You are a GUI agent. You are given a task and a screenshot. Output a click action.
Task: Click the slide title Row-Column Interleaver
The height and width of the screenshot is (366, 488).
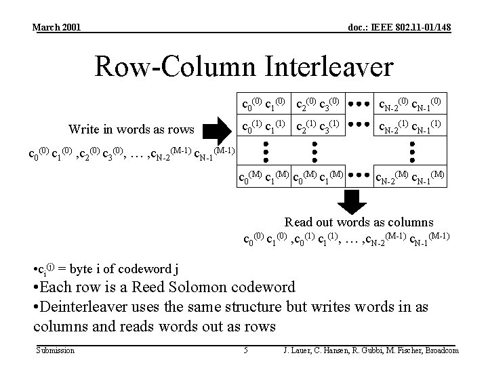pos(243,66)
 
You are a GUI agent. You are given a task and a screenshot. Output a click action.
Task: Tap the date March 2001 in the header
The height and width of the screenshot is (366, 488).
pos(57,27)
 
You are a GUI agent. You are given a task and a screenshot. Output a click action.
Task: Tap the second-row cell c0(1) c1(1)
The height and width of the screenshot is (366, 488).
pos(263,126)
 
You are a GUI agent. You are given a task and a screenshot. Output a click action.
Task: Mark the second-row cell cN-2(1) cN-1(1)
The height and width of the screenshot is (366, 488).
pos(409,126)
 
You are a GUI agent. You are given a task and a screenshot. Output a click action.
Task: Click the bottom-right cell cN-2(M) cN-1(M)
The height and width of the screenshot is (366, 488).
pos(409,178)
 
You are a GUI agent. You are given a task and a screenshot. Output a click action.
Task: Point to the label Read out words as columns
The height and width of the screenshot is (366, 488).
pos(359,222)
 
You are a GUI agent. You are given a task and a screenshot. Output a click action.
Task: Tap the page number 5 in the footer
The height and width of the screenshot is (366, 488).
pos(246,350)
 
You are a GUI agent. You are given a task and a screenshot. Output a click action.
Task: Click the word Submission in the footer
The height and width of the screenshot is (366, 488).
pos(55,350)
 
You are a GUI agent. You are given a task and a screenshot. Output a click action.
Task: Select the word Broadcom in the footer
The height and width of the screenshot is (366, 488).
pos(439,350)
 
